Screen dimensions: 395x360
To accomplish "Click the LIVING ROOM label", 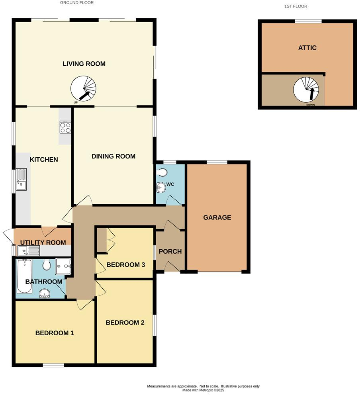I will click(x=84, y=64).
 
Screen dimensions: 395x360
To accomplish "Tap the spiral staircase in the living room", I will click(x=84, y=88).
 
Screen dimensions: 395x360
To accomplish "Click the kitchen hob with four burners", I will click(x=65, y=127).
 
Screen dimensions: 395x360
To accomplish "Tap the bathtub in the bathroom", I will click(x=24, y=276).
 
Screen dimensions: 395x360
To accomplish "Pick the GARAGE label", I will click(x=217, y=217).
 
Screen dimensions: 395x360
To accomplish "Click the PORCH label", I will click(x=170, y=252).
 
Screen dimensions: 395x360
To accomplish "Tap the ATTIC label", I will click(x=307, y=48).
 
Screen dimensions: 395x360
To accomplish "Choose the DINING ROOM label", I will click(x=113, y=156).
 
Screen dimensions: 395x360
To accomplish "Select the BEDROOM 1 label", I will click(x=55, y=333).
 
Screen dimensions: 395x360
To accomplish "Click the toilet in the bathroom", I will click(x=46, y=264).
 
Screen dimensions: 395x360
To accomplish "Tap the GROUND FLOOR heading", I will click(x=77, y=2).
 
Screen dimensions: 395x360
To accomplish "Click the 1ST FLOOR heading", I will click(x=295, y=6).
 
